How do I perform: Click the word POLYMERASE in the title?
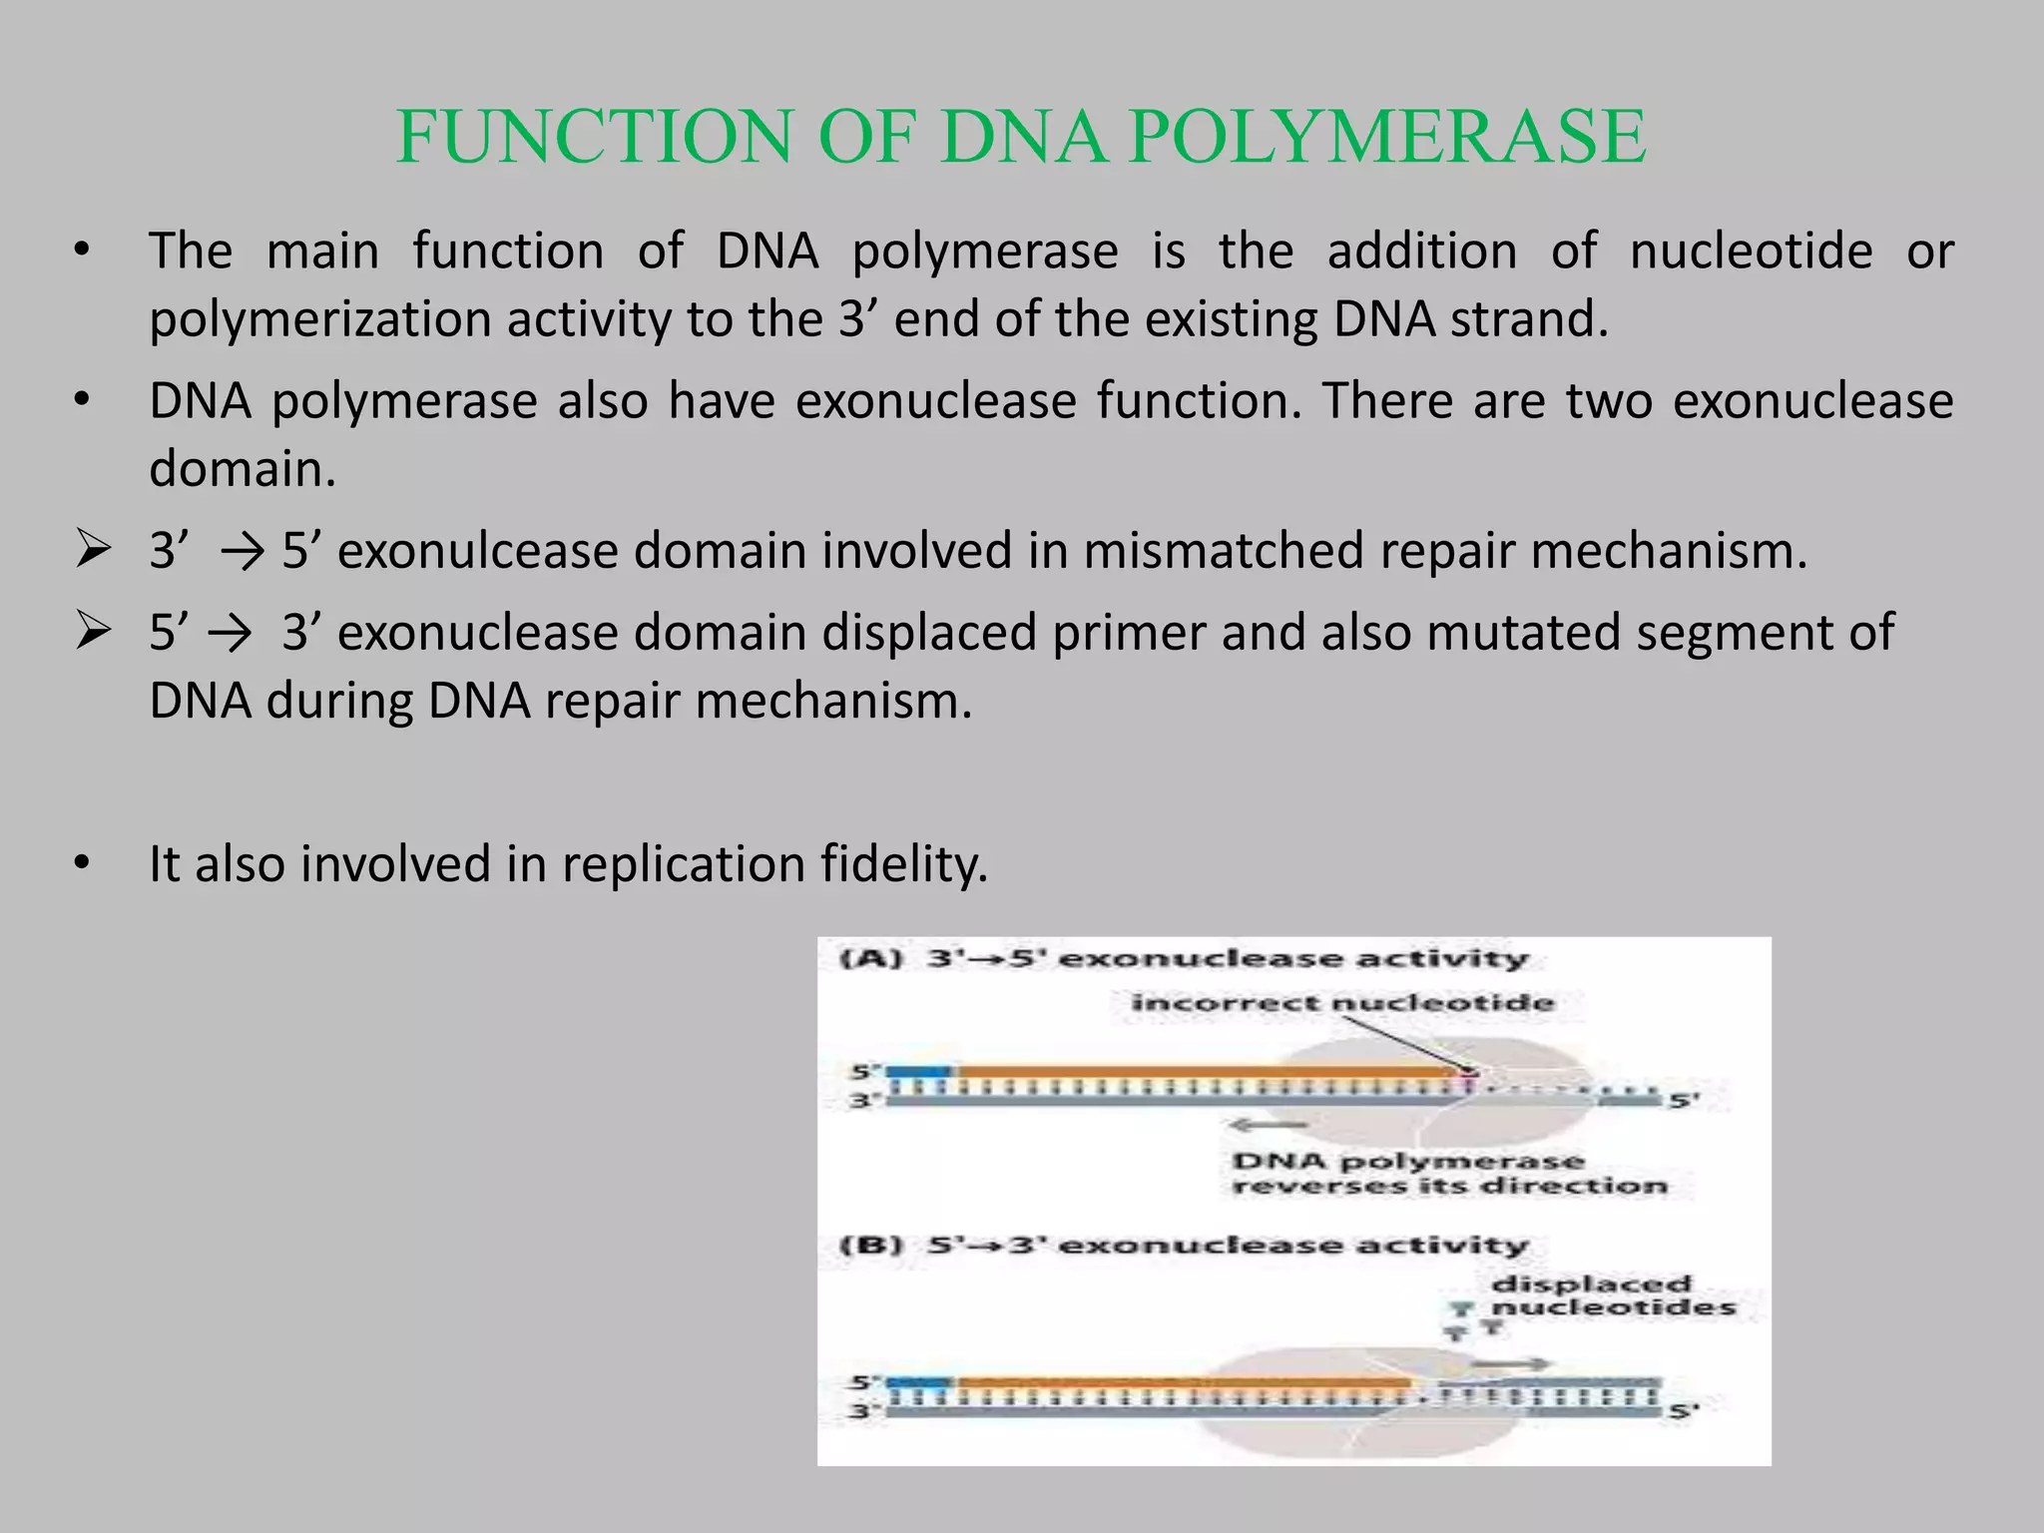(1388, 137)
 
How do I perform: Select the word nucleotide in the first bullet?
(1751, 251)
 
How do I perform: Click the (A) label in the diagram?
(871, 959)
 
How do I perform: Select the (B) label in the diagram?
(871, 1246)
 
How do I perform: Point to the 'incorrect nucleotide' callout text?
(1341, 1002)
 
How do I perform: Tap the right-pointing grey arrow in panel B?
(1511, 1363)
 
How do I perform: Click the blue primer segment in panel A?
(918, 1071)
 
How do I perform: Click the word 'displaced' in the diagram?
(1591, 1283)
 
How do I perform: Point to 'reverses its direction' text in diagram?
(1449, 1186)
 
